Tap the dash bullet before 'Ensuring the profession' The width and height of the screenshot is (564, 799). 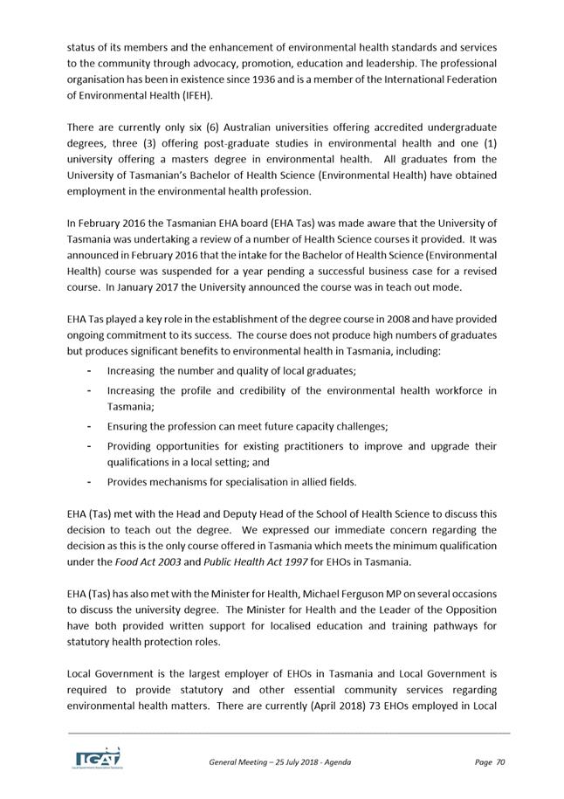coord(91,426)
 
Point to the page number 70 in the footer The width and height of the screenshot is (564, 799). coord(500,762)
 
